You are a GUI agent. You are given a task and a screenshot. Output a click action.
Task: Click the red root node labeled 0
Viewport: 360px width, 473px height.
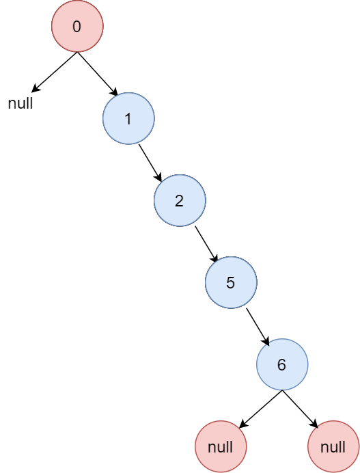[x=77, y=26]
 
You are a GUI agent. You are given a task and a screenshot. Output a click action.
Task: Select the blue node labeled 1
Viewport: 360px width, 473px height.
[x=128, y=118]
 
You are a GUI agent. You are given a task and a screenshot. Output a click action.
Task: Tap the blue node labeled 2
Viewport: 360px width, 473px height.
[x=180, y=200]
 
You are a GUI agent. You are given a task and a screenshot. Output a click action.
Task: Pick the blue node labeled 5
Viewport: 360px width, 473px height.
[x=232, y=282]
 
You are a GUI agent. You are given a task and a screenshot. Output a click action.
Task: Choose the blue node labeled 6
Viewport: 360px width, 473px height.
[x=282, y=364]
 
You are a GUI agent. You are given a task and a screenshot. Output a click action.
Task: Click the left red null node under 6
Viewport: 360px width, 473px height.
[x=221, y=446]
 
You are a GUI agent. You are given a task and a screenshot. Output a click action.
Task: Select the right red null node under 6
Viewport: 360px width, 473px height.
[x=333, y=446]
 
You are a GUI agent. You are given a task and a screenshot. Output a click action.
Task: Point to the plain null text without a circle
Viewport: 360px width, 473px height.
[x=20, y=103]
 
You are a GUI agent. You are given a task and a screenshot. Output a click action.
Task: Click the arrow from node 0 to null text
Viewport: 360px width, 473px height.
[x=55, y=72]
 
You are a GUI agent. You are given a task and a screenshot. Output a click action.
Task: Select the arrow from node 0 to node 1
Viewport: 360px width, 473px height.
[x=98, y=74]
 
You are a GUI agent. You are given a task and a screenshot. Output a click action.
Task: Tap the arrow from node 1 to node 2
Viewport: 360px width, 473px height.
[x=150, y=163]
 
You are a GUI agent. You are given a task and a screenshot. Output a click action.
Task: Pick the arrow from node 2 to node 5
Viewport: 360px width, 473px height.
[x=206, y=244]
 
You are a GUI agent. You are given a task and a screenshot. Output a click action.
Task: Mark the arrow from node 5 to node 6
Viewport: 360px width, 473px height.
[x=258, y=327]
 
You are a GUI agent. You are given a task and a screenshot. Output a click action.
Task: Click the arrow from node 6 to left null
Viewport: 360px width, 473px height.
[x=261, y=409]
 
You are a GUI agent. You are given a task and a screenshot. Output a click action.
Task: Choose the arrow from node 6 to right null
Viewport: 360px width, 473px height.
[x=301, y=409]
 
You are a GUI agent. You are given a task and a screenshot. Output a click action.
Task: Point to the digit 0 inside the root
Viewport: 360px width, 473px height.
[x=77, y=26]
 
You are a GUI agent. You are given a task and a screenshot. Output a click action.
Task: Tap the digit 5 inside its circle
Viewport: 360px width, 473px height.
[x=231, y=283]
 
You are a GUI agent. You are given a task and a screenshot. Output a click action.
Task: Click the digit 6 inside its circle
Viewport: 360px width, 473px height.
[x=281, y=365]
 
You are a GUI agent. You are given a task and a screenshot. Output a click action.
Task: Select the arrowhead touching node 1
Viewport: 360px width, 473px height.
[x=114, y=92]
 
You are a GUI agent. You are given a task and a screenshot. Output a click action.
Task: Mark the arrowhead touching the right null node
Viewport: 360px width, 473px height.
[x=314, y=424]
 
